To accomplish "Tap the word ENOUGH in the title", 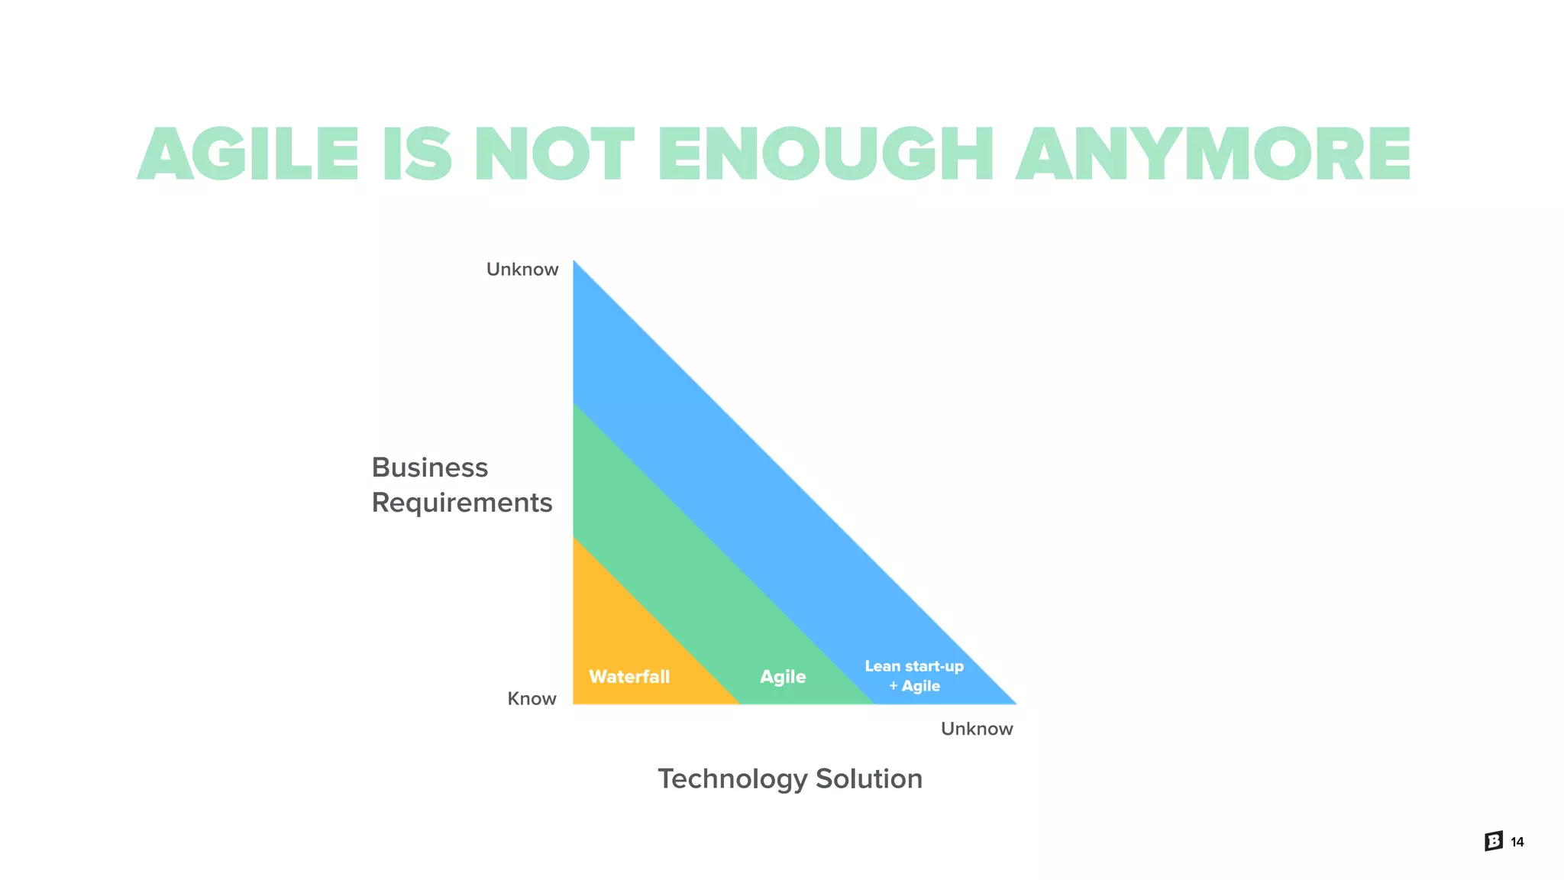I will (826, 154).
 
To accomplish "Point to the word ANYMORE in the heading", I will (1213, 154).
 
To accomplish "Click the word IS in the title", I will (417, 154).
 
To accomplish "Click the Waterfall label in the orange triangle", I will (629, 677).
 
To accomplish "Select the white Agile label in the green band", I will (783, 677).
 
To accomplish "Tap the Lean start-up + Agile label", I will (914, 676).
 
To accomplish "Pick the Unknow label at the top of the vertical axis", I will (522, 270).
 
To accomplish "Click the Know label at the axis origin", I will (532, 699).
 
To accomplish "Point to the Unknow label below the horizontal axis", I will (977, 729).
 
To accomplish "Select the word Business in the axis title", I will (429, 467).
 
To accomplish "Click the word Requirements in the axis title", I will (461, 503).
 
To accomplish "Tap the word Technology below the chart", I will (732, 779).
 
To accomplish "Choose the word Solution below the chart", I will (869, 779).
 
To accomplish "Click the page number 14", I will (1517, 842).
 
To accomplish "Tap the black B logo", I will (1494, 841).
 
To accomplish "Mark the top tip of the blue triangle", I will (574, 263).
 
